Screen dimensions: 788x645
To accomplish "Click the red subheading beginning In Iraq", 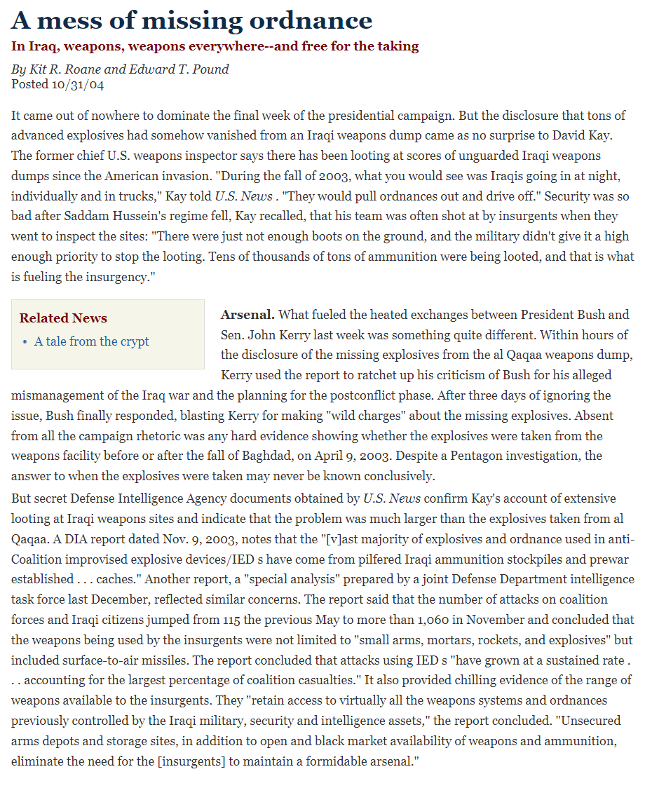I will [215, 46].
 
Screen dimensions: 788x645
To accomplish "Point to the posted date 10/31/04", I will [78, 84].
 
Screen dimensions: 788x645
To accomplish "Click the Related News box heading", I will [63, 318].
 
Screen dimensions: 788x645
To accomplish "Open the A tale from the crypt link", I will [91, 341].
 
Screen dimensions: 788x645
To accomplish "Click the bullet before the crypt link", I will [25, 342].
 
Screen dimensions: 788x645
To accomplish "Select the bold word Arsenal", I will [247, 315].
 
